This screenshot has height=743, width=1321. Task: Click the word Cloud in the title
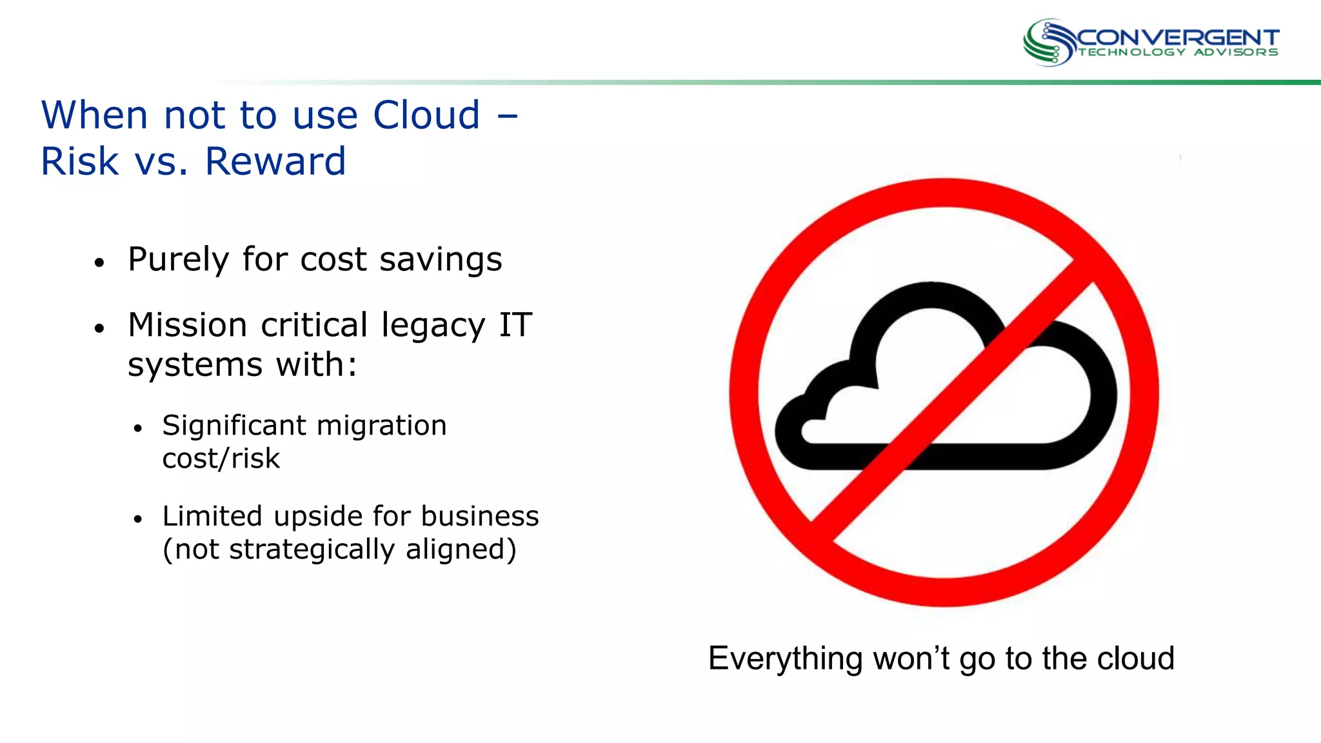click(x=426, y=115)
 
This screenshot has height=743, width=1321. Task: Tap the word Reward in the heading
click(x=275, y=161)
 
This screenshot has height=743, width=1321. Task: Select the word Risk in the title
click(x=79, y=161)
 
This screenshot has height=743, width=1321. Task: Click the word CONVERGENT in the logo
click(x=1178, y=38)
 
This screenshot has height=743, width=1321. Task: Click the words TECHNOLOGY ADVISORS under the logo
click(x=1178, y=52)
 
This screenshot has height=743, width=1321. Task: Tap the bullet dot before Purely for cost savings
click(x=99, y=263)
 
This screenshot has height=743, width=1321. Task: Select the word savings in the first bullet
click(x=441, y=260)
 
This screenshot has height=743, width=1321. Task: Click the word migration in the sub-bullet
click(x=381, y=426)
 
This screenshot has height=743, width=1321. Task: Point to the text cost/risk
click(x=221, y=459)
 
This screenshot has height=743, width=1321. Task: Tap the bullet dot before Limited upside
click(x=137, y=519)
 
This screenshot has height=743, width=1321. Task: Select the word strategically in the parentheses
click(x=312, y=550)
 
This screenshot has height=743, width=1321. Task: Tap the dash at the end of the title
click(x=508, y=117)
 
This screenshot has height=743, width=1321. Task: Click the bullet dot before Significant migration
click(x=137, y=428)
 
